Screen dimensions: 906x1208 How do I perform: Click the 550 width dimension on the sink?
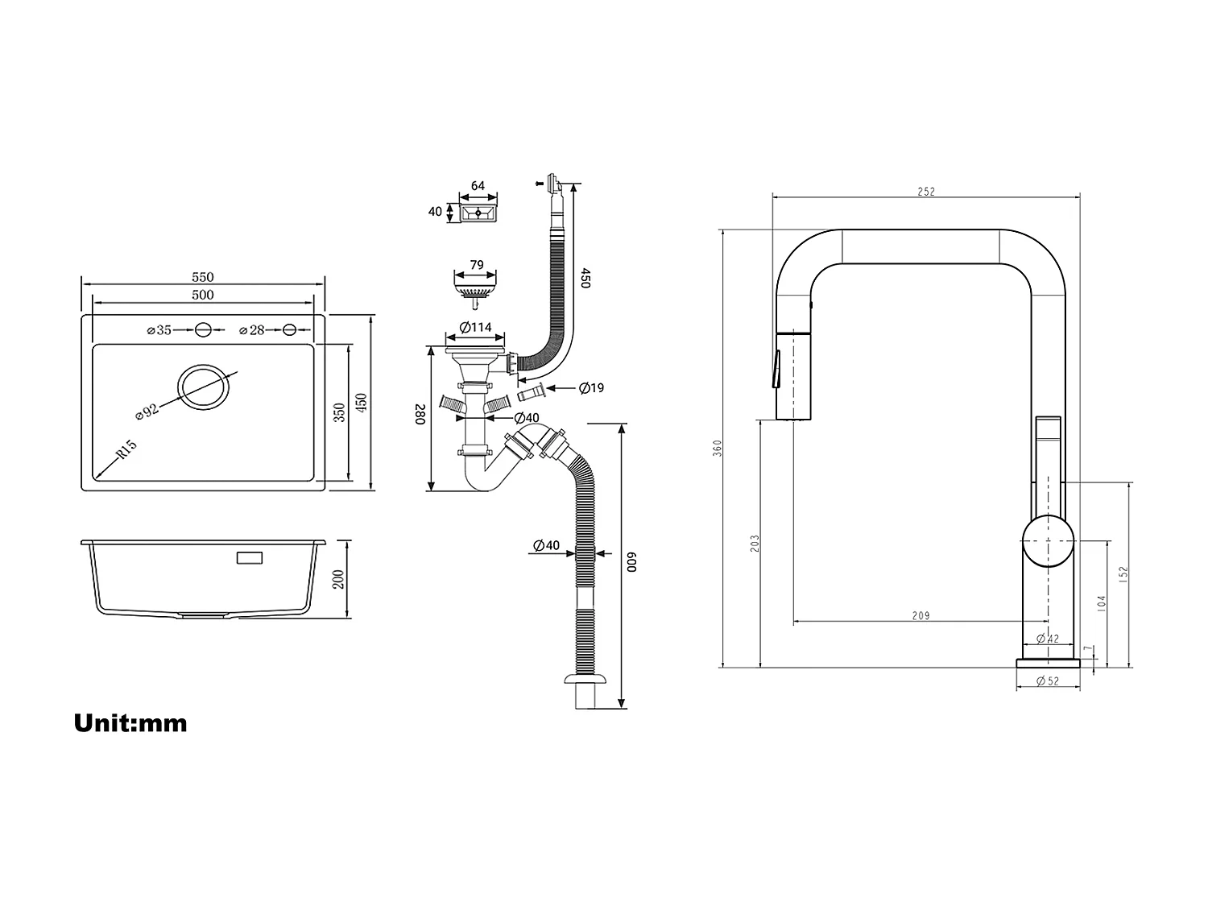(203, 277)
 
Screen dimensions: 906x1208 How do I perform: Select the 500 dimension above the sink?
(203, 295)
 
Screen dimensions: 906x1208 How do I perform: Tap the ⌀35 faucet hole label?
(160, 329)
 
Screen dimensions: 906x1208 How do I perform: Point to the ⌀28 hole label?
(252, 329)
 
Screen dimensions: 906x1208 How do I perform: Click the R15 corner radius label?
(126, 449)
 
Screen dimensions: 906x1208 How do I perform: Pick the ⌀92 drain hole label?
(147, 410)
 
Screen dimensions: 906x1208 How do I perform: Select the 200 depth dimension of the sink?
(338, 579)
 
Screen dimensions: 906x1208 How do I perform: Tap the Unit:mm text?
(130, 722)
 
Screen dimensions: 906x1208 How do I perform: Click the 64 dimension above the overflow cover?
(478, 186)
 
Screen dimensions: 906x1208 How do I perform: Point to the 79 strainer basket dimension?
(476, 264)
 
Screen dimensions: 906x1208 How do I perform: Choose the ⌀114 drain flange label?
(475, 327)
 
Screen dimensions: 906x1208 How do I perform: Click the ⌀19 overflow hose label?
(591, 388)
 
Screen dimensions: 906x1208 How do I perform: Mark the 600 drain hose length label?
(632, 562)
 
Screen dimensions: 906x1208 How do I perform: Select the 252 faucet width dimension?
(926, 192)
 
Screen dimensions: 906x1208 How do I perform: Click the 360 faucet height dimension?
(718, 448)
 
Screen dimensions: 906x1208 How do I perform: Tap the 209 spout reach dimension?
(920, 616)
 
